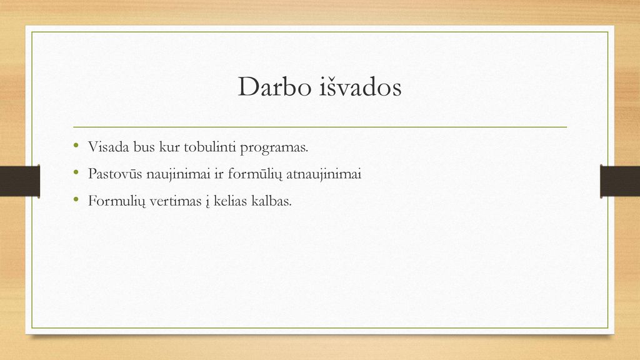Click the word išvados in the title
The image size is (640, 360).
tap(361, 86)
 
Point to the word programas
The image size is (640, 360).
tap(274, 147)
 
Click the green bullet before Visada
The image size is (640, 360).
tap(76, 145)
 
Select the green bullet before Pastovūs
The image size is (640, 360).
tap(76, 172)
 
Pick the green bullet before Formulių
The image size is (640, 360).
tap(76, 199)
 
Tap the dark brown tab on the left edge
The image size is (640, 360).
tap(20, 181)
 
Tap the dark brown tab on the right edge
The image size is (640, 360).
tap(620, 181)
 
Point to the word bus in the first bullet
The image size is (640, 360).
tap(144, 147)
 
